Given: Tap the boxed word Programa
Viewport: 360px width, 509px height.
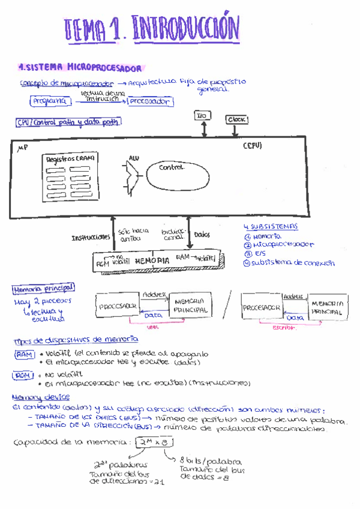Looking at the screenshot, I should (50, 102).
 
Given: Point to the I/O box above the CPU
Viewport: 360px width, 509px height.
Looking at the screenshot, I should (202, 115).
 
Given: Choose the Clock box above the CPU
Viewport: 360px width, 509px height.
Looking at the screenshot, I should (238, 119).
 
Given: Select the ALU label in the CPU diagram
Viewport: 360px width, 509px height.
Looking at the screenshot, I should (134, 158).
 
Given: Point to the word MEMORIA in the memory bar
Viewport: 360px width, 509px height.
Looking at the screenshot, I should (153, 261).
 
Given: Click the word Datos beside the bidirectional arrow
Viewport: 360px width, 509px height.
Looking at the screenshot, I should (202, 235).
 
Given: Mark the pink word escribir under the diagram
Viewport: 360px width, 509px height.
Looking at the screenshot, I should (281, 327).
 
